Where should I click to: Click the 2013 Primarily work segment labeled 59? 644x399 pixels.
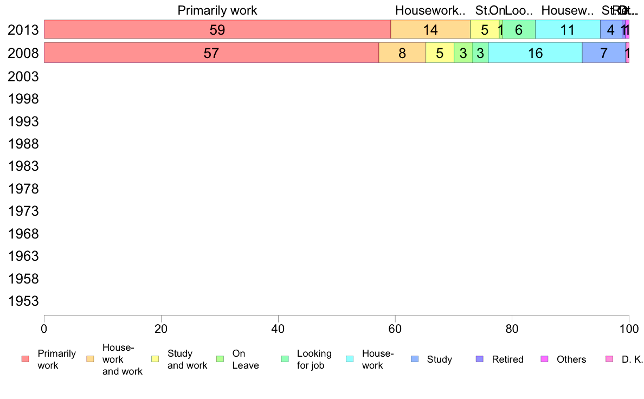(x=217, y=30)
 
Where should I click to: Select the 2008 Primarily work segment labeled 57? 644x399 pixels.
(x=211, y=53)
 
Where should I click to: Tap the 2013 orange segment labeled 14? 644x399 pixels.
(x=430, y=30)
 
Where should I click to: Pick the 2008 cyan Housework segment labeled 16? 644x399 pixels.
(x=535, y=53)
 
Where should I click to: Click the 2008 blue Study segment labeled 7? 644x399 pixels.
(x=604, y=53)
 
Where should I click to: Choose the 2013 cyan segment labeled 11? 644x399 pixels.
(x=568, y=30)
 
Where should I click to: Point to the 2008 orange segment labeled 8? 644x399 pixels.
(x=402, y=53)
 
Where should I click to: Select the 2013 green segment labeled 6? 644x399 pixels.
(x=519, y=30)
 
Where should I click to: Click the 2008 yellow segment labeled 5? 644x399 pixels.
(x=440, y=53)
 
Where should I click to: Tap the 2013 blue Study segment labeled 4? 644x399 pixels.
(x=611, y=30)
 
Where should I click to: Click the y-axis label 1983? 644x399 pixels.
(x=23, y=166)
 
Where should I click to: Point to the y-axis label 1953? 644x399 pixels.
(x=23, y=301)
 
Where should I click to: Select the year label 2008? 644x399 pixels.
(x=23, y=53)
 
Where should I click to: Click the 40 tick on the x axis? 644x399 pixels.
(x=278, y=329)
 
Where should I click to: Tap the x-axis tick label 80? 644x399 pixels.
(x=512, y=329)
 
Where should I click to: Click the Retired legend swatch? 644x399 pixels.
(x=479, y=359)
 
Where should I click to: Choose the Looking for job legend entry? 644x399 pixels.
(x=314, y=359)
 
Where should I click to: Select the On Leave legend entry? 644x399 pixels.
(x=245, y=359)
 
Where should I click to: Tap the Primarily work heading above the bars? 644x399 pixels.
(x=217, y=10)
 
